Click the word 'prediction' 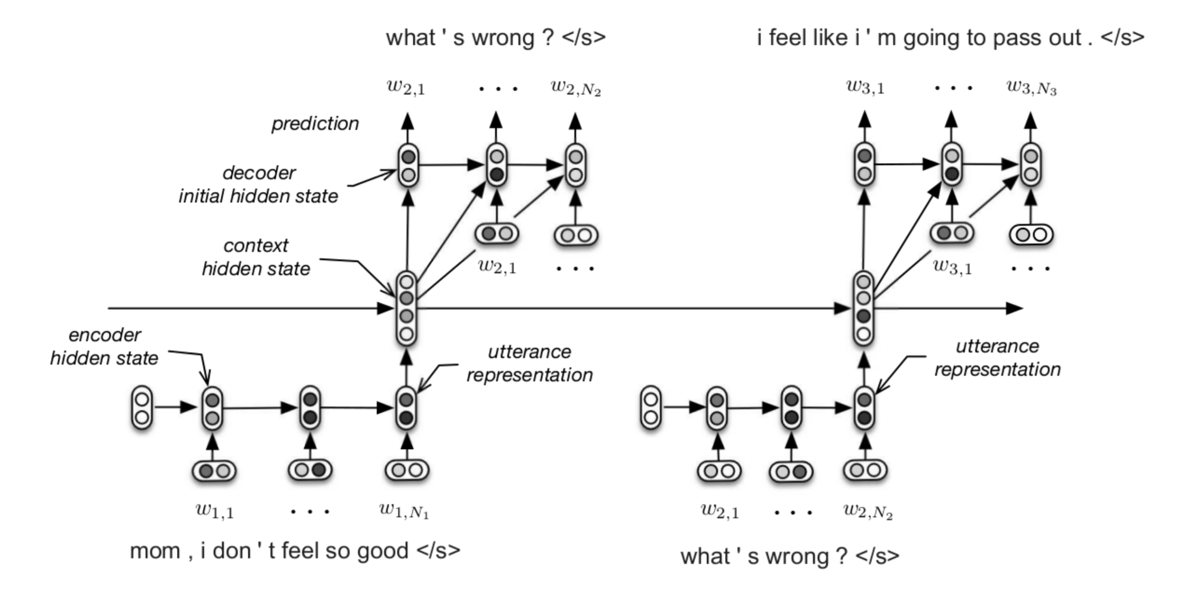315,124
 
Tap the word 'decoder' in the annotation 259,173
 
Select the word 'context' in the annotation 256,246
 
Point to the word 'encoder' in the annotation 105,335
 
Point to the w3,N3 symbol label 1032,87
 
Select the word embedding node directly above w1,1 214,471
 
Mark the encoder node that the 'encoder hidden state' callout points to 212,409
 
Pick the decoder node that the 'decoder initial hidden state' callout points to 408,166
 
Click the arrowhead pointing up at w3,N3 1030,120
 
